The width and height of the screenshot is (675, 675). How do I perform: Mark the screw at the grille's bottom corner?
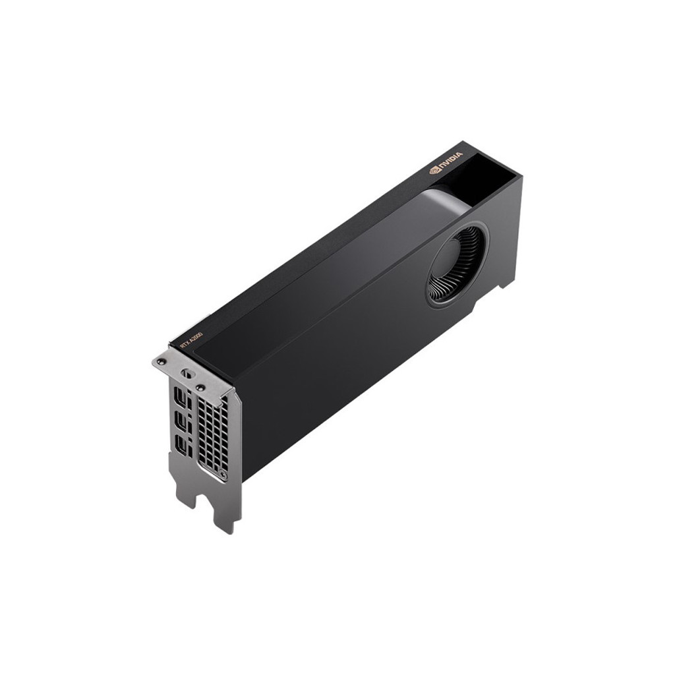tap(223, 475)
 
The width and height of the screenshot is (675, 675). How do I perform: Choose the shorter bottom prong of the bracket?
tap(187, 494)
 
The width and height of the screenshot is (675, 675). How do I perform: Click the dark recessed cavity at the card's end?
tap(488, 173)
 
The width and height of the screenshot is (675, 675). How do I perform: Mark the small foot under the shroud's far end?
tap(507, 283)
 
